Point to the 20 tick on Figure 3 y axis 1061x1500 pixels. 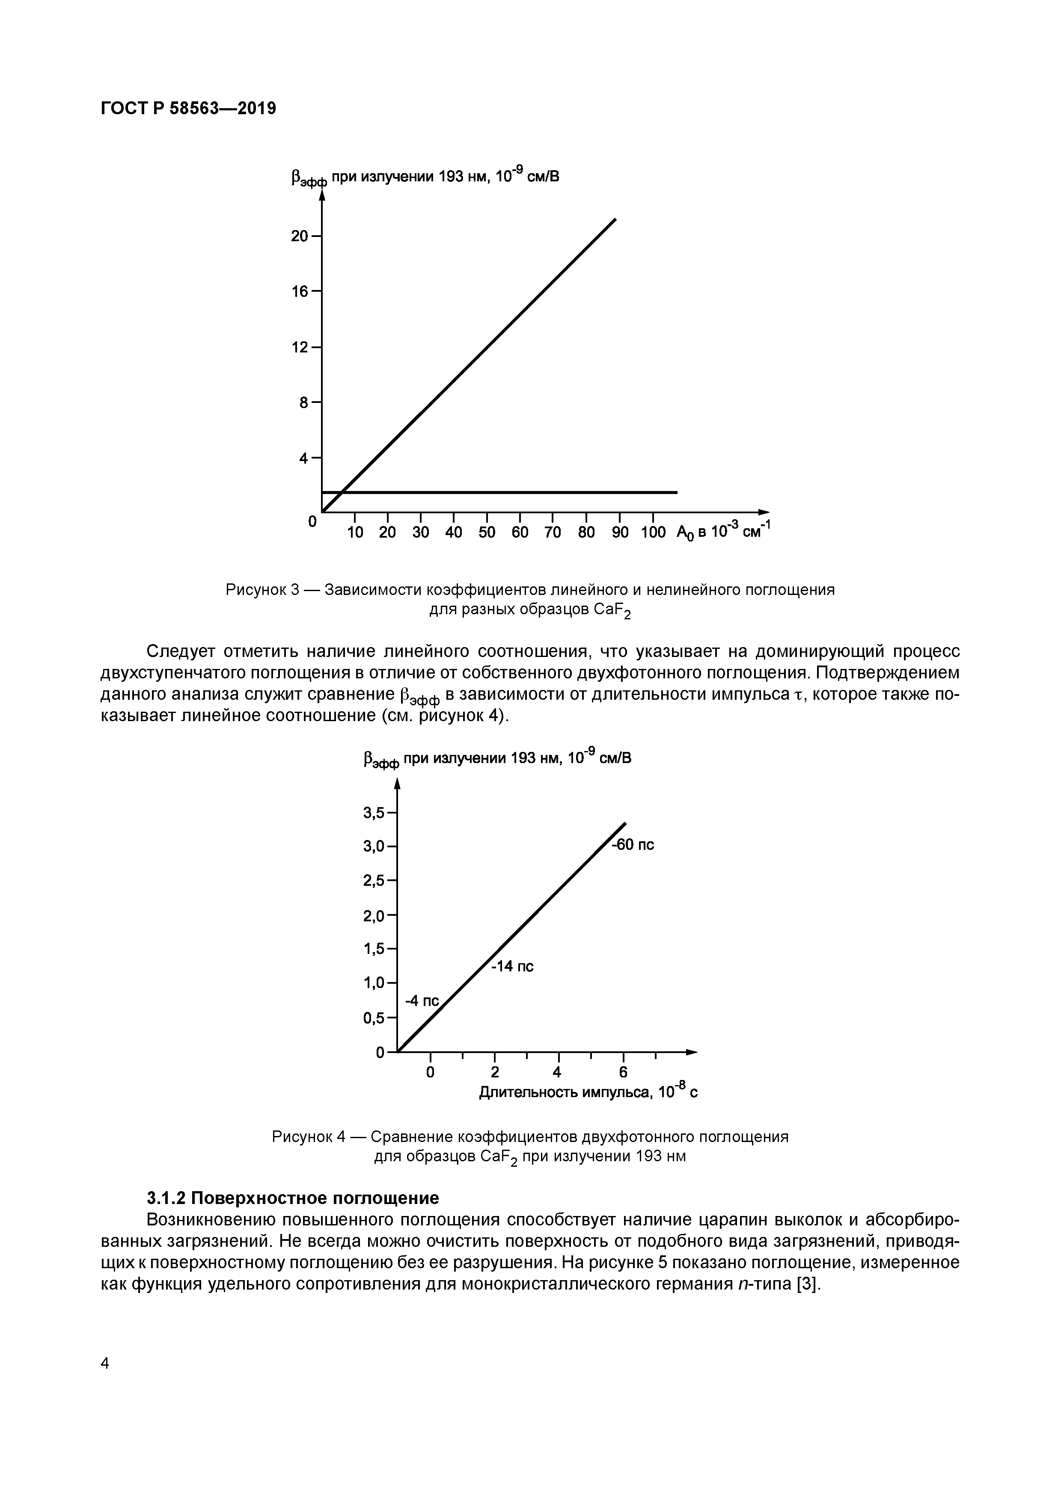[x=300, y=236]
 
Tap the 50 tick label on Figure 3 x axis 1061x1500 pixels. [x=487, y=533]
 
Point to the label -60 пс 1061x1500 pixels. [x=633, y=845]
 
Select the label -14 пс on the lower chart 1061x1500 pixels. [x=512, y=966]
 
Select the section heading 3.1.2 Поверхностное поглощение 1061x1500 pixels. [x=293, y=1198]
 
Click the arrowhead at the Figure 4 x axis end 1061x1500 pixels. [x=692, y=1052]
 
